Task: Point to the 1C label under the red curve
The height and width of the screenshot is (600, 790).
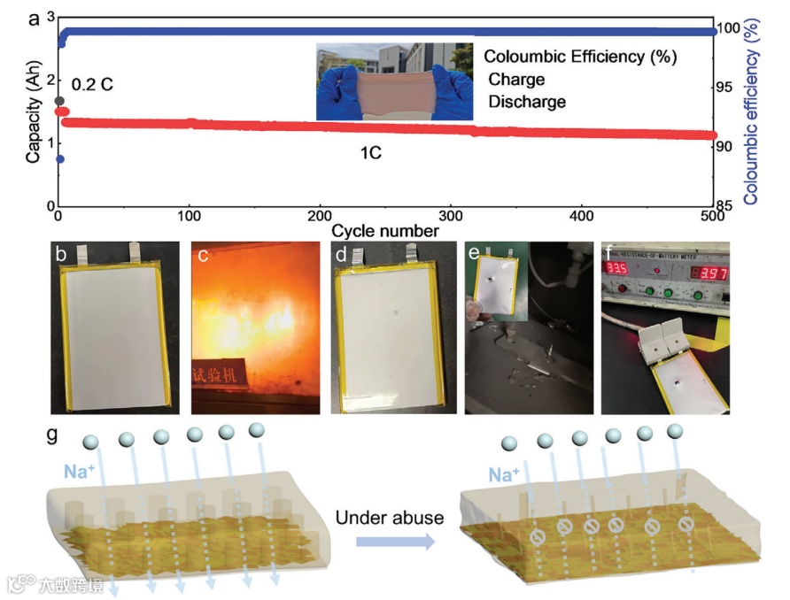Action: pyautogui.click(x=370, y=153)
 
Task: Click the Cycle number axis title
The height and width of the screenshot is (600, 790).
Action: pyautogui.click(x=385, y=231)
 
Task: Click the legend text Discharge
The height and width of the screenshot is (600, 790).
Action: pyautogui.click(x=527, y=102)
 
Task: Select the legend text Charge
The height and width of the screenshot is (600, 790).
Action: pyautogui.click(x=518, y=79)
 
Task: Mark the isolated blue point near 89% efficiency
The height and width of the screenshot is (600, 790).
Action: pyautogui.click(x=59, y=159)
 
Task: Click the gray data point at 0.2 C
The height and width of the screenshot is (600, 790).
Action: pyautogui.click(x=59, y=102)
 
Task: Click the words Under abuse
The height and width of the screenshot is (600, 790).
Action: pyautogui.click(x=390, y=517)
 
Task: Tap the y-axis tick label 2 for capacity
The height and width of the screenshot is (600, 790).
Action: pyautogui.click(x=50, y=80)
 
